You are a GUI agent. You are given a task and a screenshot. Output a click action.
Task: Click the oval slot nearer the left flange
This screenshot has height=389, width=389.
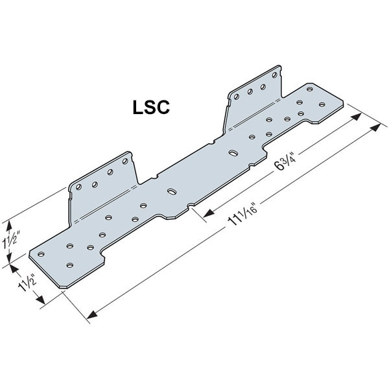[171, 192]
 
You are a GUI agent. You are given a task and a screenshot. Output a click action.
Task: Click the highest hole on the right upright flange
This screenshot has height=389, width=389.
[263, 87]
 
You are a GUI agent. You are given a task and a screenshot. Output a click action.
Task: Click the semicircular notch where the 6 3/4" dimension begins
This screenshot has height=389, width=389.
[189, 207]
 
